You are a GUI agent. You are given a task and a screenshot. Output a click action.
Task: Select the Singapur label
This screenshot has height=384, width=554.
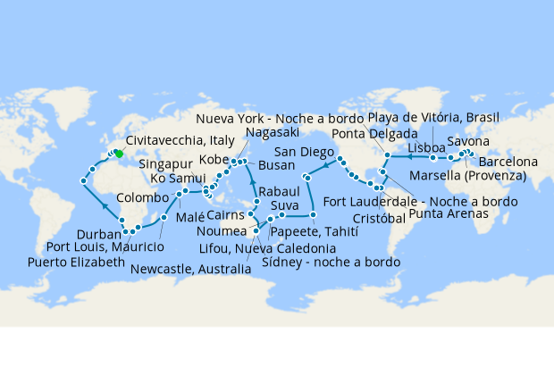coord(166,164)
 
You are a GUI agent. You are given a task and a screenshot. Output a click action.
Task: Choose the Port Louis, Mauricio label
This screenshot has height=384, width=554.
coord(105,246)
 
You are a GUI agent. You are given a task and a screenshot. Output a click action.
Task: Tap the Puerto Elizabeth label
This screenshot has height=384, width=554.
coord(76,263)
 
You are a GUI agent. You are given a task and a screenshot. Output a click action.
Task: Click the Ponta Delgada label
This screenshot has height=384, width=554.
coord(380,134)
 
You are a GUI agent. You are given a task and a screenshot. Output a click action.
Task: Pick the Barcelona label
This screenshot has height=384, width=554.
coord(508,162)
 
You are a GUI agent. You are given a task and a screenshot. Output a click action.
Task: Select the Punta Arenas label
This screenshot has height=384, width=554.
coord(449,214)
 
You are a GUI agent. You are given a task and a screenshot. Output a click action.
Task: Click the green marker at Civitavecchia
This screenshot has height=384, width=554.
coord(118,154)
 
